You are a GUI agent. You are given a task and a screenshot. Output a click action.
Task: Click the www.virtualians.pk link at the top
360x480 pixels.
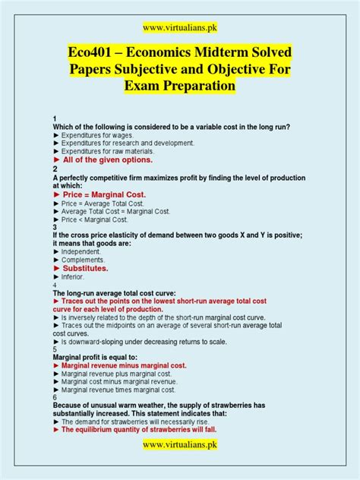coord(179,27)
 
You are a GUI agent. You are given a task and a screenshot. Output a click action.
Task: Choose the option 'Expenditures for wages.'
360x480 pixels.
coord(99,134)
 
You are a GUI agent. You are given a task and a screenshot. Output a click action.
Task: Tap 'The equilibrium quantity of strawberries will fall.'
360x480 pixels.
coord(144,429)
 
